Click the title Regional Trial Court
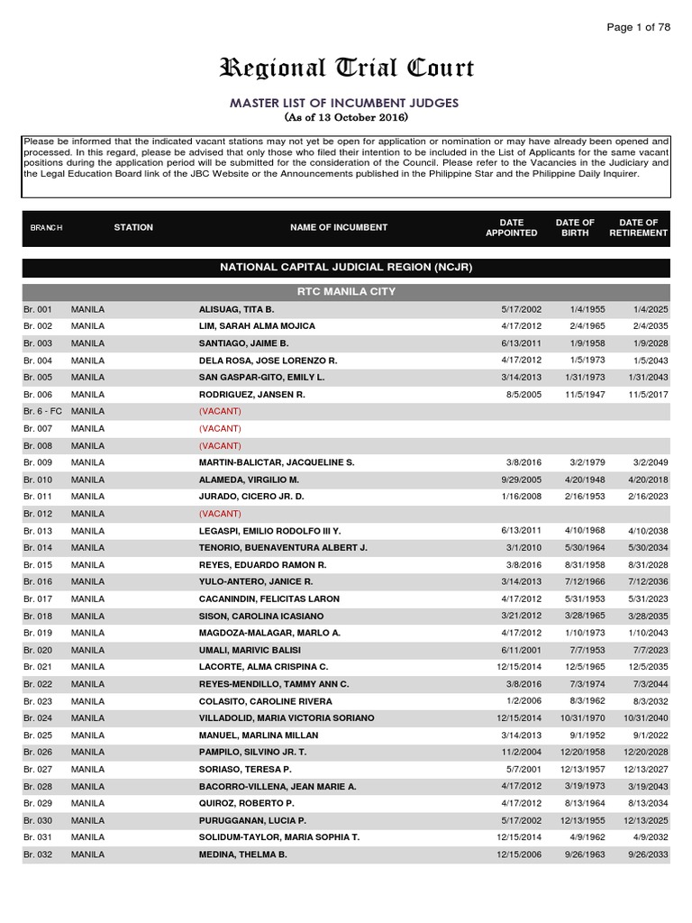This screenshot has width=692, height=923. click(x=346, y=69)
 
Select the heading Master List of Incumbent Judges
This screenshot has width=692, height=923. click(x=346, y=103)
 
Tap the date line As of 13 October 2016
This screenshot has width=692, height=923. click(x=346, y=118)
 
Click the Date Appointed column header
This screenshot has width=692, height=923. click(x=511, y=228)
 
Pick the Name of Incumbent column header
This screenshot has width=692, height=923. click(x=339, y=228)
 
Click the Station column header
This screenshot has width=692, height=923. click(x=133, y=228)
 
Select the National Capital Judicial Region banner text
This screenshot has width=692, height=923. click(x=346, y=268)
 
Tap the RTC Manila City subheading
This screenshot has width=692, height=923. click(x=346, y=292)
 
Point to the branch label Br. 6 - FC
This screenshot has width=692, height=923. click(x=42, y=411)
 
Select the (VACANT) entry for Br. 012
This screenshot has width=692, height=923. click(x=220, y=514)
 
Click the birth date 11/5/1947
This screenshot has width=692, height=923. click(x=575, y=395)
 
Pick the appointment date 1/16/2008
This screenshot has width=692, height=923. click(x=522, y=497)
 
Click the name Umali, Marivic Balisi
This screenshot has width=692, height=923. click(x=250, y=650)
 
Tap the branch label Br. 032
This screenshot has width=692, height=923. click(x=38, y=854)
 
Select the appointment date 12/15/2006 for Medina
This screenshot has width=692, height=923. click(x=519, y=854)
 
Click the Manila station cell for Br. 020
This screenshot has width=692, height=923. click(x=88, y=650)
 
